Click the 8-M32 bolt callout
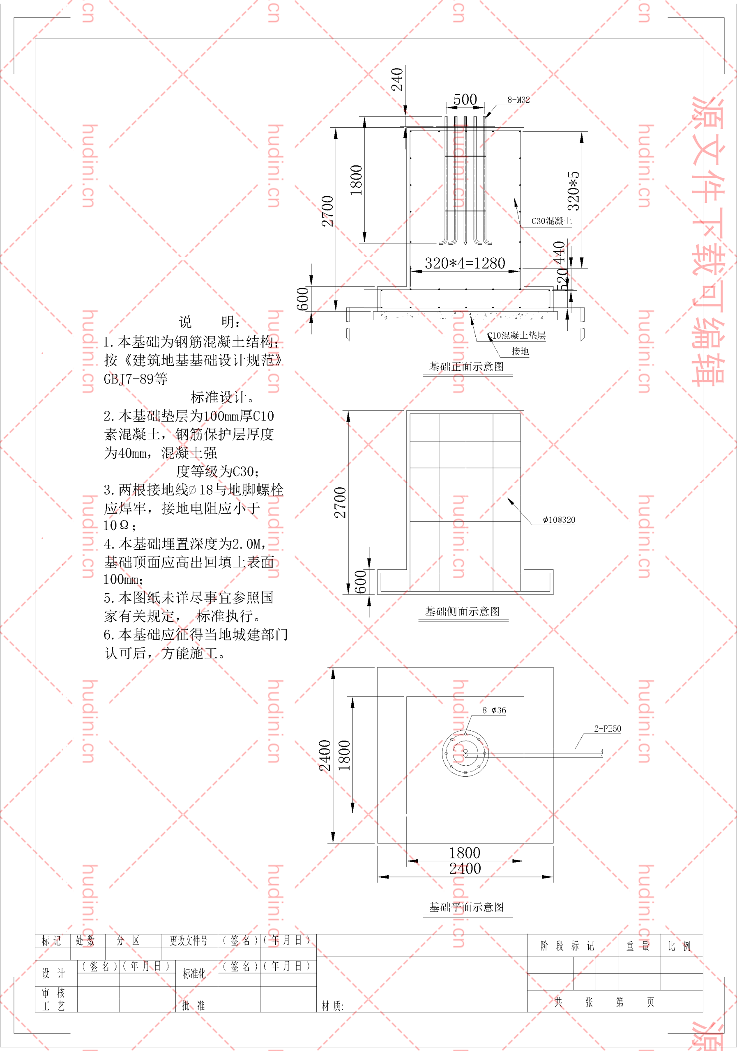click(x=518, y=100)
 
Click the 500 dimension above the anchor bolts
click(x=465, y=99)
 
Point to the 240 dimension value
click(x=397, y=79)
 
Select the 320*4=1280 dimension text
click(x=465, y=263)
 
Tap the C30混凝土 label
click(x=551, y=221)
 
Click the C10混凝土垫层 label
click(x=517, y=335)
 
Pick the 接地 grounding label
click(x=520, y=351)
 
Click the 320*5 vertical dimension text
click(x=573, y=191)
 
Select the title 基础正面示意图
click(x=466, y=367)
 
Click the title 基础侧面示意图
click(x=463, y=612)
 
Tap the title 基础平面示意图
click(x=466, y=907)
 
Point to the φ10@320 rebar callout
click(x=559, y=520)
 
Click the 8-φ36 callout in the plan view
click(x=494, y=710)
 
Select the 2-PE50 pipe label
click(x=607, y=729)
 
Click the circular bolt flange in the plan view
click(x=465, y=753)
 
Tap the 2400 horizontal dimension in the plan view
click(x=465, y=868)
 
